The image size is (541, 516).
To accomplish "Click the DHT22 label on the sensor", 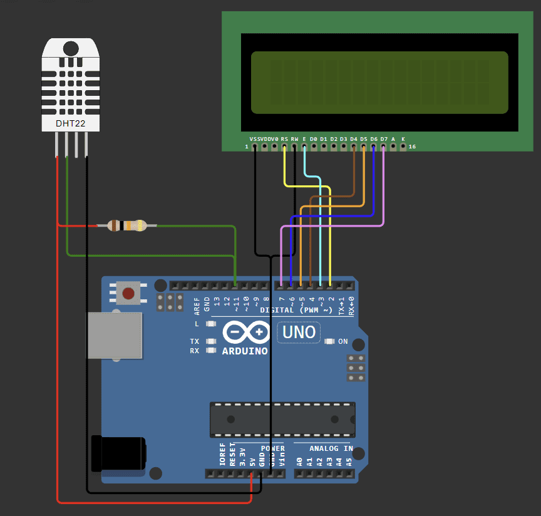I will [70, 123].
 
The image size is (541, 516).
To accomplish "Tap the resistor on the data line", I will [127, 225].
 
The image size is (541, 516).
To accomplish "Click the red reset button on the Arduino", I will [129, 293].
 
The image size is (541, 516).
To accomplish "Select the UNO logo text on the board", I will [299, 332].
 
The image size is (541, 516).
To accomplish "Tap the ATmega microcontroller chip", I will [282, 419].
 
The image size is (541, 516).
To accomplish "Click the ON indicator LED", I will [330, 341].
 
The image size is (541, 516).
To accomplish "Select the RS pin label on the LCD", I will [284, 139].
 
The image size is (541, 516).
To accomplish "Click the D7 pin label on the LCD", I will [384, 139].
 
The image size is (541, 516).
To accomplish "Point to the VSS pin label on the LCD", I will [254, 139].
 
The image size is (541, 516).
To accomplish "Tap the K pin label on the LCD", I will [403, 139].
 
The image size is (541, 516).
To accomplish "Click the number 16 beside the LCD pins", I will [412, 147].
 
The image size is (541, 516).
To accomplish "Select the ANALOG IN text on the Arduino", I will [331, 448].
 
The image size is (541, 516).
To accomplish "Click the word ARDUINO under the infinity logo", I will [245, 351].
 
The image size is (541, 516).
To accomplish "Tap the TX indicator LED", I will [211, 341].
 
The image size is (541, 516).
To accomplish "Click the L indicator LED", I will [211, 324].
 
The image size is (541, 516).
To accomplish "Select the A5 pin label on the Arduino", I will [349, 462].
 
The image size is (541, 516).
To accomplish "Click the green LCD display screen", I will [379, 83].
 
